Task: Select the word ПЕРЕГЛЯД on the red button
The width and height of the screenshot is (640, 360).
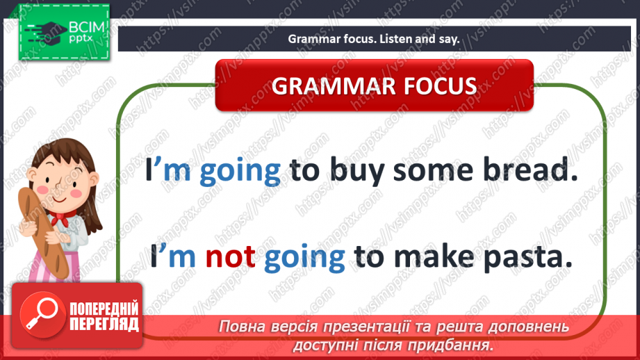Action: point(104,324)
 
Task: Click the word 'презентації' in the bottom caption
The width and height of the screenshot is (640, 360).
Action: point(353,327)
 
